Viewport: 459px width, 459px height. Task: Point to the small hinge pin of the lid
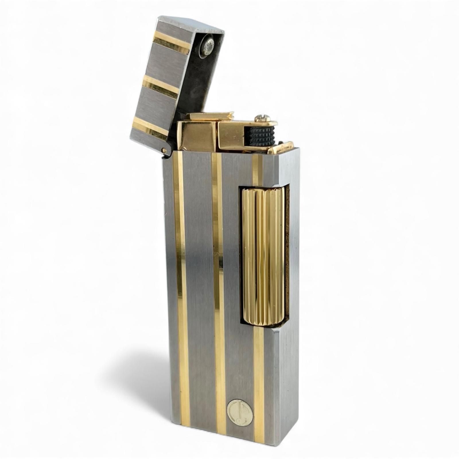[x=164, y=150]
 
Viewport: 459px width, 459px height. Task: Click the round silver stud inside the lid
[x=207, y=46]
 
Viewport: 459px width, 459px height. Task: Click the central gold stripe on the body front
[x=219, y=287]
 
